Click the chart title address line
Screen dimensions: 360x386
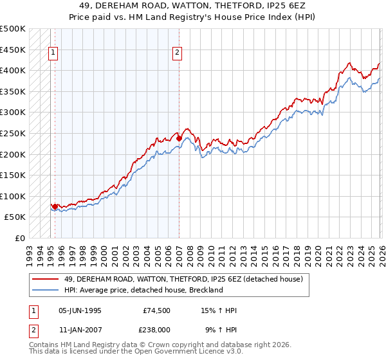coord(193,5)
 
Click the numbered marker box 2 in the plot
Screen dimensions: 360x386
coord(177,54)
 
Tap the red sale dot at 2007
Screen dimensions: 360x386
coord(179,138)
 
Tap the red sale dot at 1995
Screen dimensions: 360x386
coord(55,206)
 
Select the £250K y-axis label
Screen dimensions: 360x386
coord(13,134)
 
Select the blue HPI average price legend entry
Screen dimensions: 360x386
coord(143,290)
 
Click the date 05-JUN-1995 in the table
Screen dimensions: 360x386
coord(80,310)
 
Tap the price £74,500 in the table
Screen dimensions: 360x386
coord(156,310)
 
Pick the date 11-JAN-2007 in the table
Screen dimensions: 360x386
coord(80,331)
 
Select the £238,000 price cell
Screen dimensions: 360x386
coord(156,331)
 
